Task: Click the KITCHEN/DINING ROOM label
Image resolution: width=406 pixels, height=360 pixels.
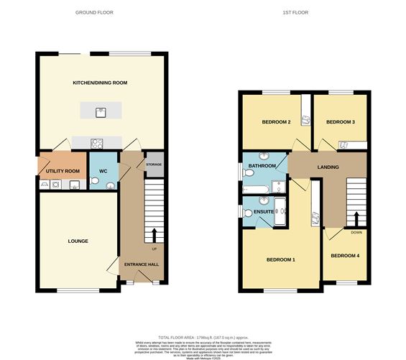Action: click(x=100, y=83)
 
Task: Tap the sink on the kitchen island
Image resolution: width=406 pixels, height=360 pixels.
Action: click(x=101, y=111)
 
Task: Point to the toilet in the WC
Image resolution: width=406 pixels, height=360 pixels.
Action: click(x=109, y=185)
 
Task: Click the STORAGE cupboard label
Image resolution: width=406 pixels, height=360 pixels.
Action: click(x=154, y=165)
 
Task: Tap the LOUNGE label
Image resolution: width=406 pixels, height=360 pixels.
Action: click(x=78, y=241)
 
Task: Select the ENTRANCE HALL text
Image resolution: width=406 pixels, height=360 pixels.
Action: click(x=142, y=264)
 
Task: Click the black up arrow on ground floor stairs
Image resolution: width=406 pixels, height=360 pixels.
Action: click(x=154, y=234)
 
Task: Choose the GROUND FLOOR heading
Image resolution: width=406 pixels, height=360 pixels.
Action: click(x=94, y=13)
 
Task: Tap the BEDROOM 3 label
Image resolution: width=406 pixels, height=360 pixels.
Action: click(x=341, y=122)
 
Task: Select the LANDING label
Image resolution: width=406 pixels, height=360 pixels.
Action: click(x=327, y=167)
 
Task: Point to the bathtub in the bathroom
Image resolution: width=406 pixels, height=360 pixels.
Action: click(x=257, y=189)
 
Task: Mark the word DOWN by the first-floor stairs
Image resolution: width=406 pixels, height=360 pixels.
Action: click(x=356, y=232)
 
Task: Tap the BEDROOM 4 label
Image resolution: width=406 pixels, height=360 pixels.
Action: click(x=345, y=255)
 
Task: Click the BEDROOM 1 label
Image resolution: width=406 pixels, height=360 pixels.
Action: click(x=281, y=259)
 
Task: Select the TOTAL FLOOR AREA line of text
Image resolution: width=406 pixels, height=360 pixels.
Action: click(x=203, y=338)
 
